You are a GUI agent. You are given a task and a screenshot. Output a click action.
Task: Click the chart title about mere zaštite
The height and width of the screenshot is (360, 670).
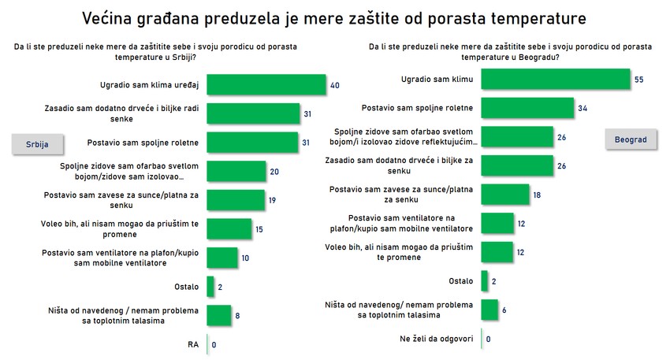tap(334, 17)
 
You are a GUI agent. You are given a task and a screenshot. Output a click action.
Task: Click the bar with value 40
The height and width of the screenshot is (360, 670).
tap(266, 85)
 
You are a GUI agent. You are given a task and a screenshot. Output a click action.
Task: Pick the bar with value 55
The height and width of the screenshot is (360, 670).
tap(556, 80)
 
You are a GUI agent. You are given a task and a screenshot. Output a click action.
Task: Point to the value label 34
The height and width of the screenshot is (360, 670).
tap(583, 108)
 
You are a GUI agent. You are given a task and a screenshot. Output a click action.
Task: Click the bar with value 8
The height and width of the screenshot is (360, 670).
tap(218, 315)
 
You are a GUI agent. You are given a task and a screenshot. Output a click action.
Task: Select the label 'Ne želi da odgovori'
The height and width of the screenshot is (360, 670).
tap(437, 340)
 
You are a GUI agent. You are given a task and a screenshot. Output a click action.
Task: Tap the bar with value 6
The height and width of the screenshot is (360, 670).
tap(489, 310)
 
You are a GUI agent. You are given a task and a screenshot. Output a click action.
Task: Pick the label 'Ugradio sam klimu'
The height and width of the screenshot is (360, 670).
tap(437, 79)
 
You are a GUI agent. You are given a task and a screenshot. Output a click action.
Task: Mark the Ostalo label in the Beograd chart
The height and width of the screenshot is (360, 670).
tap(460, 280)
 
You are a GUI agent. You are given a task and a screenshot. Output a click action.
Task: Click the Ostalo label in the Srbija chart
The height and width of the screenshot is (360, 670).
tap(187, 287)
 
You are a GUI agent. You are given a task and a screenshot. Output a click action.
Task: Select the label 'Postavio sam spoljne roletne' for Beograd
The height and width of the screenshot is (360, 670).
tap(416, 108)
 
